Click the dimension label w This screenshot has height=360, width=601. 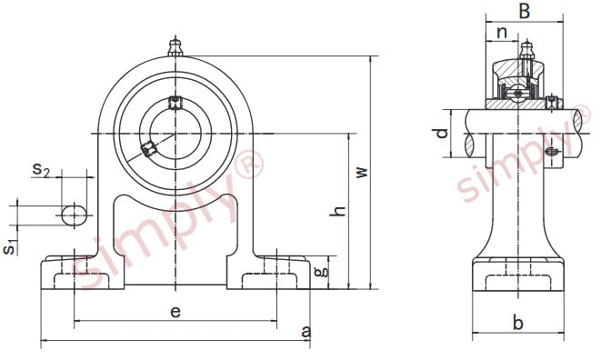(362, 172)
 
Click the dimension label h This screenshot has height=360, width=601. (338, 211)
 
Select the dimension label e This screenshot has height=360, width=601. (175, 312)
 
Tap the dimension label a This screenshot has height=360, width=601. (306, 332)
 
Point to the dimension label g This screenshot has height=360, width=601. (321, 272)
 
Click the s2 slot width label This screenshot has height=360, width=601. (41, 169)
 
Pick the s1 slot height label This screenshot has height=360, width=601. (10, 247)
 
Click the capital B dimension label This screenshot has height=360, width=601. (524, 11)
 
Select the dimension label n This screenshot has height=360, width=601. (502, 33)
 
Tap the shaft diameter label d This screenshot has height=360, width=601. (442, 133)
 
